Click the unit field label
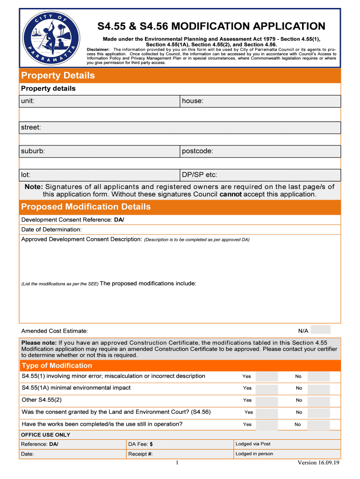click(x=28, y=101)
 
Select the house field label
click(x=193, y=101)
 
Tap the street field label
click(x=31, y=127)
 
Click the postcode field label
click(x=197, y=151)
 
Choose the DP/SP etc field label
click(x=200, y=175)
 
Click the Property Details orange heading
click(x=58, y=75)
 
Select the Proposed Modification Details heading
click(x=86, y=207)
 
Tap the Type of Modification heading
click(x=57, y=365)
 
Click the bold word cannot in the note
click(x=230, y=194)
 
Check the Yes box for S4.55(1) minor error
click(x=267, y=377)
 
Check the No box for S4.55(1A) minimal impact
click(x=319, y=388)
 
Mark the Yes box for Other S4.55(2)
click(x=267, y=400)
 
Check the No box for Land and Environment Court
click(x=319, y=413)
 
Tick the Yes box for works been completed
click(x=267, y=425)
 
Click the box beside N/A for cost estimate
click(x=321, y=330)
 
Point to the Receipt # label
click(x=140, y=454)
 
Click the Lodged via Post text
click(x=253, y=444)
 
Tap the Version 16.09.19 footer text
click(x=318, y=463)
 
